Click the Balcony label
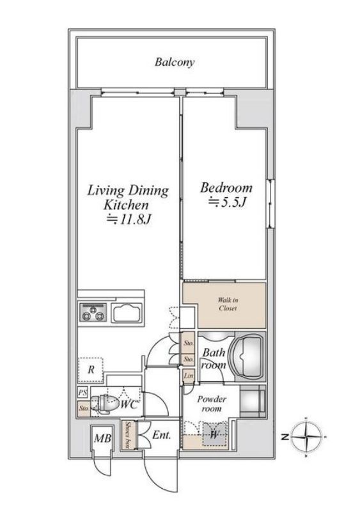pos(175,62)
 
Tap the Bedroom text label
pos(226,188)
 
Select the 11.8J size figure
pos(129,219)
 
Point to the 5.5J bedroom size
pos(227,203)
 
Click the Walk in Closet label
pos(228,304)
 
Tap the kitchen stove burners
pos(93,312)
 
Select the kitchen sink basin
pos(127,313)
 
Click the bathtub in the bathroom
pos(247,356)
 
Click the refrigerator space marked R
pos(91,370)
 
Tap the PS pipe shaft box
pos(82,392)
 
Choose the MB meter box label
pos(103,438)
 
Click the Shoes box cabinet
pos(127,435)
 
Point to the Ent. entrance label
pos(162,436)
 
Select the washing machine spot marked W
pos(214,434)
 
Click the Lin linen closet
pos(189,376)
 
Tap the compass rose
pos(306,436)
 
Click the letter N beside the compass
pos(285,437)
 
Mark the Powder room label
pos(212,404)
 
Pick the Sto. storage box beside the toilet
pos(83,408)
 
